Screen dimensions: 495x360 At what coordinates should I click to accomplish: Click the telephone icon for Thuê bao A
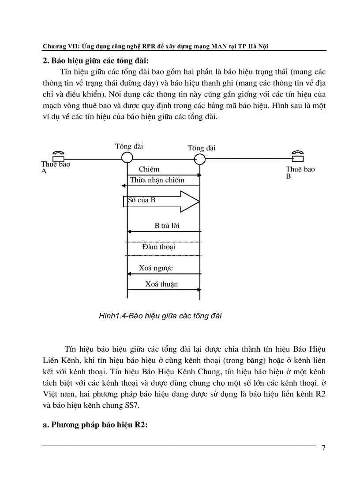[x=58, y=157]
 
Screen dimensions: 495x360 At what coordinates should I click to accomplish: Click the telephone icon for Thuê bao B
[x=298, y=156]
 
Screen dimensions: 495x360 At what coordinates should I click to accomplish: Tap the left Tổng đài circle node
[x=127, y=158]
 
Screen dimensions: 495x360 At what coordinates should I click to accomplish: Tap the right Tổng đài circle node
[x=200, y=159]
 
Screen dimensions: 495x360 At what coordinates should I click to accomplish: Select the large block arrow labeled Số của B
[x=161, y=201]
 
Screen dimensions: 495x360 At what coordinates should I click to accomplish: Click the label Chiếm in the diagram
[x=149, y=169]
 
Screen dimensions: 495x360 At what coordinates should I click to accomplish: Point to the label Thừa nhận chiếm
[x=157, y=180]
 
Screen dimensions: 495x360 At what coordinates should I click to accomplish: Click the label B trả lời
[x=167, y=226]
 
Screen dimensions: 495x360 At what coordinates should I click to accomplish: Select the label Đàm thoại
[x=159, y=247]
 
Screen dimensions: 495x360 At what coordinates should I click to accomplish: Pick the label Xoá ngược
[x=156, y=268]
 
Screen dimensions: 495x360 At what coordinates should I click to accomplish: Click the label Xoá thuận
[x=161, y=284]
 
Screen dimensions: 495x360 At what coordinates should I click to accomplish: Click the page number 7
[x=323, y=448]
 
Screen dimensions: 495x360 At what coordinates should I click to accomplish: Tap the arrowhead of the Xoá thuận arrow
[x=199, y=290]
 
